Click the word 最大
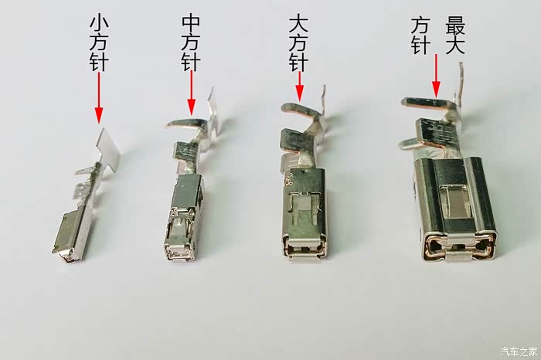click(x=455, y=36)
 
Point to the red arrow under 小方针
click(x=99, y=97)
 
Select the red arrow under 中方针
click(x=192, y=93)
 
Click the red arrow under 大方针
click(x=300, y=87)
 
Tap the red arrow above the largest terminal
click(x=436, y=75)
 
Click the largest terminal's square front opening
click(x=458, y=246)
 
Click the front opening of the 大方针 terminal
click(x=303, y=247)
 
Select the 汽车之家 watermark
click(x=519, y=352)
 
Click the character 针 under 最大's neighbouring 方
click(x=420, y=46)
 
